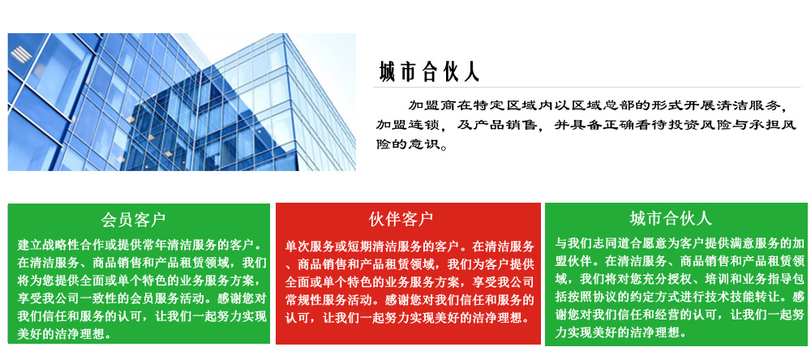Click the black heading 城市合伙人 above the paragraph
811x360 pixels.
click(x=429, y=72)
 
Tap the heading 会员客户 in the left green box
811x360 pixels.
click(x=134, y=219)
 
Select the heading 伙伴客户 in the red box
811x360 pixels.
click(x=401, y=219)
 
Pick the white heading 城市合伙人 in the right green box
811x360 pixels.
click(x=671, y=218)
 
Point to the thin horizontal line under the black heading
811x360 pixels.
click(x=586, y=87)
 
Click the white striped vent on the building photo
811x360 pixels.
click(x=21, y=54)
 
